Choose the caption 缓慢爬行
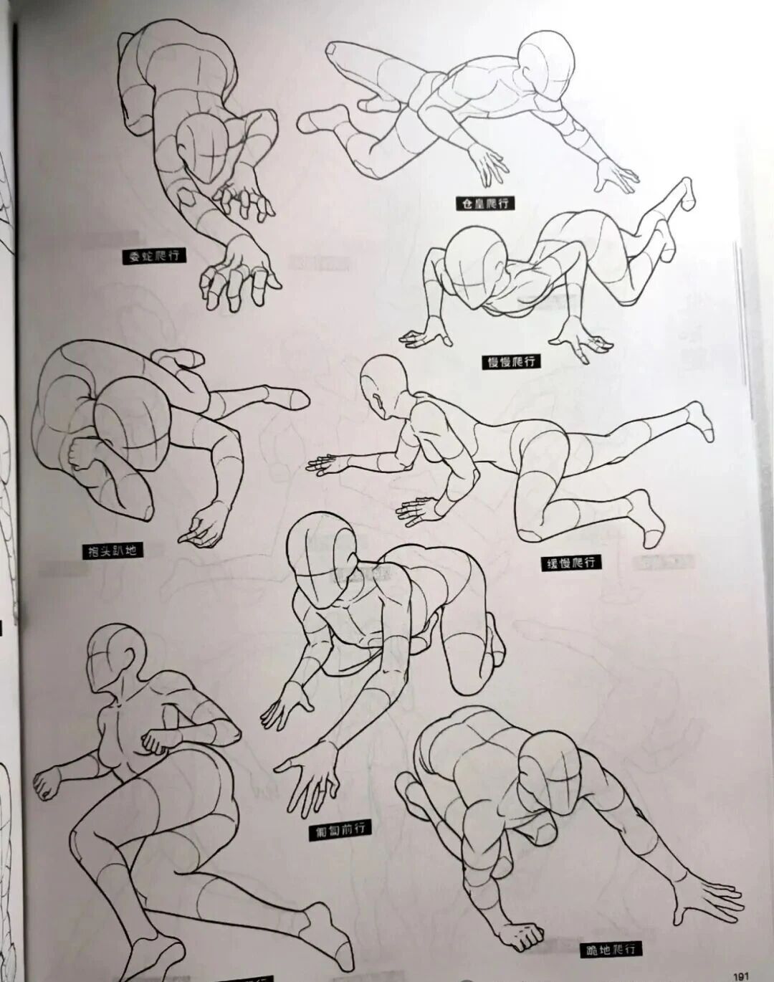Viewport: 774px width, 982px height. pyautogui.click(x=570, y=562)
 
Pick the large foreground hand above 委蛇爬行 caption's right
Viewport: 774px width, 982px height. pyautogui.click(x=236, y=272)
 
